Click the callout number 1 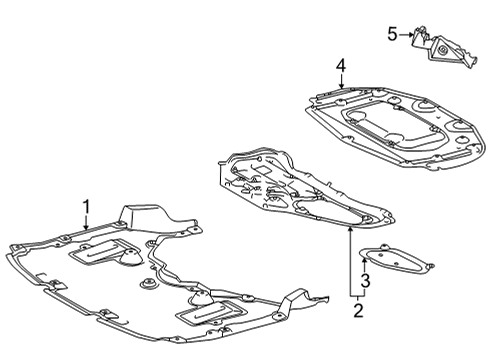tap(86, 207)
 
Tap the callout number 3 tap(366, 281)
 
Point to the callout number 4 tap(341, 66)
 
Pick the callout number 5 tap(393, 35)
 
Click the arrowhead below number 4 tap(341, 88)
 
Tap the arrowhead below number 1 tap(86, 230)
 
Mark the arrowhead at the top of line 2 tap(350, 229)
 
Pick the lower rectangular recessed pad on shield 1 tap(210, 318)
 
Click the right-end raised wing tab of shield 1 tap(300, 298)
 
